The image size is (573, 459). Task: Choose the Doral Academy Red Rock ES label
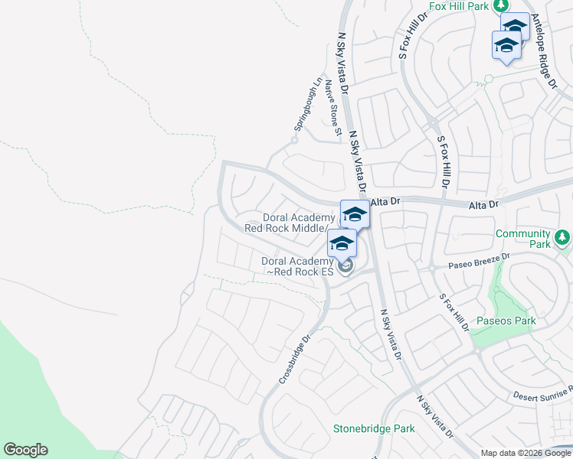297,266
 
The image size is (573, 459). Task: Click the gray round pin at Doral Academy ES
345,265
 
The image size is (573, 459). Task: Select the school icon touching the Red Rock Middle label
355,214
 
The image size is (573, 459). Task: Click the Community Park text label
522,239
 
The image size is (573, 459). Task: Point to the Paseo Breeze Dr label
479,262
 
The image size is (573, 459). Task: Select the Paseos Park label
506,321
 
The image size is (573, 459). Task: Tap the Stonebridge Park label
374,429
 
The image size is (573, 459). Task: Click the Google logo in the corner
25,450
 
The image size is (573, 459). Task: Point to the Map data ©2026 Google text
525,453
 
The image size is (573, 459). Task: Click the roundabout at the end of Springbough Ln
294,140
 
